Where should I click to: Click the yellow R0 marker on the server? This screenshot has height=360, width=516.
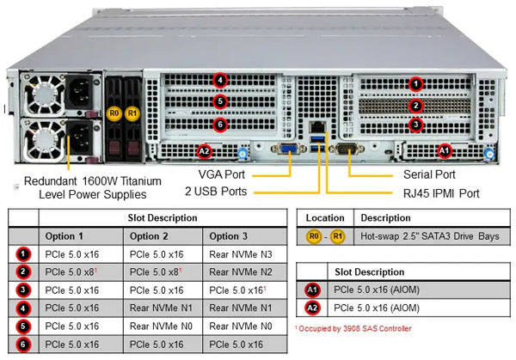[x=114, y=112]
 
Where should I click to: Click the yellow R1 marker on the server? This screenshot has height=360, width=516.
[x=132, y=112]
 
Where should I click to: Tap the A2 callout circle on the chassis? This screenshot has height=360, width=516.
[x=204, y=151]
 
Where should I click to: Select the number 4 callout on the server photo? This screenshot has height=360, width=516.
[x=221, y=82]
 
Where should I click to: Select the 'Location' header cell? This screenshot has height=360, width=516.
[x=325, y=218]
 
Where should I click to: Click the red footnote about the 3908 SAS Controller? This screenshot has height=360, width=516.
[x=353, y=328]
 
